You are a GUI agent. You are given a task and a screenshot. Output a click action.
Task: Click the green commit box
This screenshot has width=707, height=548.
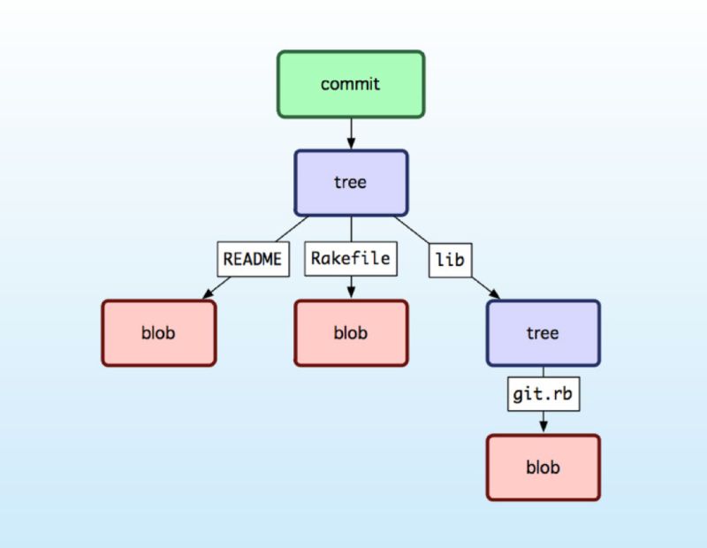pyautogui.click(x=351, y=84)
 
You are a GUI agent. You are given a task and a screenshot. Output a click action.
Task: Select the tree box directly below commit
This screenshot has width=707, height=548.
pyautogui.click(x=351, y=183)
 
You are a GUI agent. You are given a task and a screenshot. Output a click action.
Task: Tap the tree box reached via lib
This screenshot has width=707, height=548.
pyautogui.click(x=543, y=333)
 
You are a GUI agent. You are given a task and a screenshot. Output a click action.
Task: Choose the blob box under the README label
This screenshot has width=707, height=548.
pyautogui.click(x=158, y=333)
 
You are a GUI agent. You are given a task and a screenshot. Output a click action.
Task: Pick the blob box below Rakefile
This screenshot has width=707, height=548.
pyautogui.click(x=351, y=333)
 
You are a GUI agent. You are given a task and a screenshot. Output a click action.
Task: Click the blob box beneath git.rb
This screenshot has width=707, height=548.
pyautogui.click(x=543, y=468)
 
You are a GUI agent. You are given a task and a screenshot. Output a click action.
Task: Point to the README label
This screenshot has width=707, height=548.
pyautogui.click(x=253, y=260)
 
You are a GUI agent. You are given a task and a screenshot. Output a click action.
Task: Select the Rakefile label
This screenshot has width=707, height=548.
pyautogui.click(x=351, y=260)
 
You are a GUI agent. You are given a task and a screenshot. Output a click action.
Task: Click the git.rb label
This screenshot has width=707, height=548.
pyautogui.click(x=543, y=394)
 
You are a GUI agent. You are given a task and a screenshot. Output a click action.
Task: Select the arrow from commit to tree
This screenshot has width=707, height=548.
pyautogui.click(x=351, y=133)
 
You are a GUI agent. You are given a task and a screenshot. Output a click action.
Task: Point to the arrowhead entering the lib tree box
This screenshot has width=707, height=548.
pyautogui.click(x=494, y=295)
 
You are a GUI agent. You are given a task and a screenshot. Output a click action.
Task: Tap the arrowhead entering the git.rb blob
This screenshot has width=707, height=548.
pyautogui.click(x=543, y=428)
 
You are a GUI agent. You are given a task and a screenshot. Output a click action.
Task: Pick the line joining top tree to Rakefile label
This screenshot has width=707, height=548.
pyautogui.click(x=351, y=229)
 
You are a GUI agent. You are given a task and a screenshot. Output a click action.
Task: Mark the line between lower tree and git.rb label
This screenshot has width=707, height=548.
pyautogui.click(x=543, y=371)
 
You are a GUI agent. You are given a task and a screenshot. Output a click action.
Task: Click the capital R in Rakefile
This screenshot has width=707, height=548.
pyautogui.click(x=315, y=260)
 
